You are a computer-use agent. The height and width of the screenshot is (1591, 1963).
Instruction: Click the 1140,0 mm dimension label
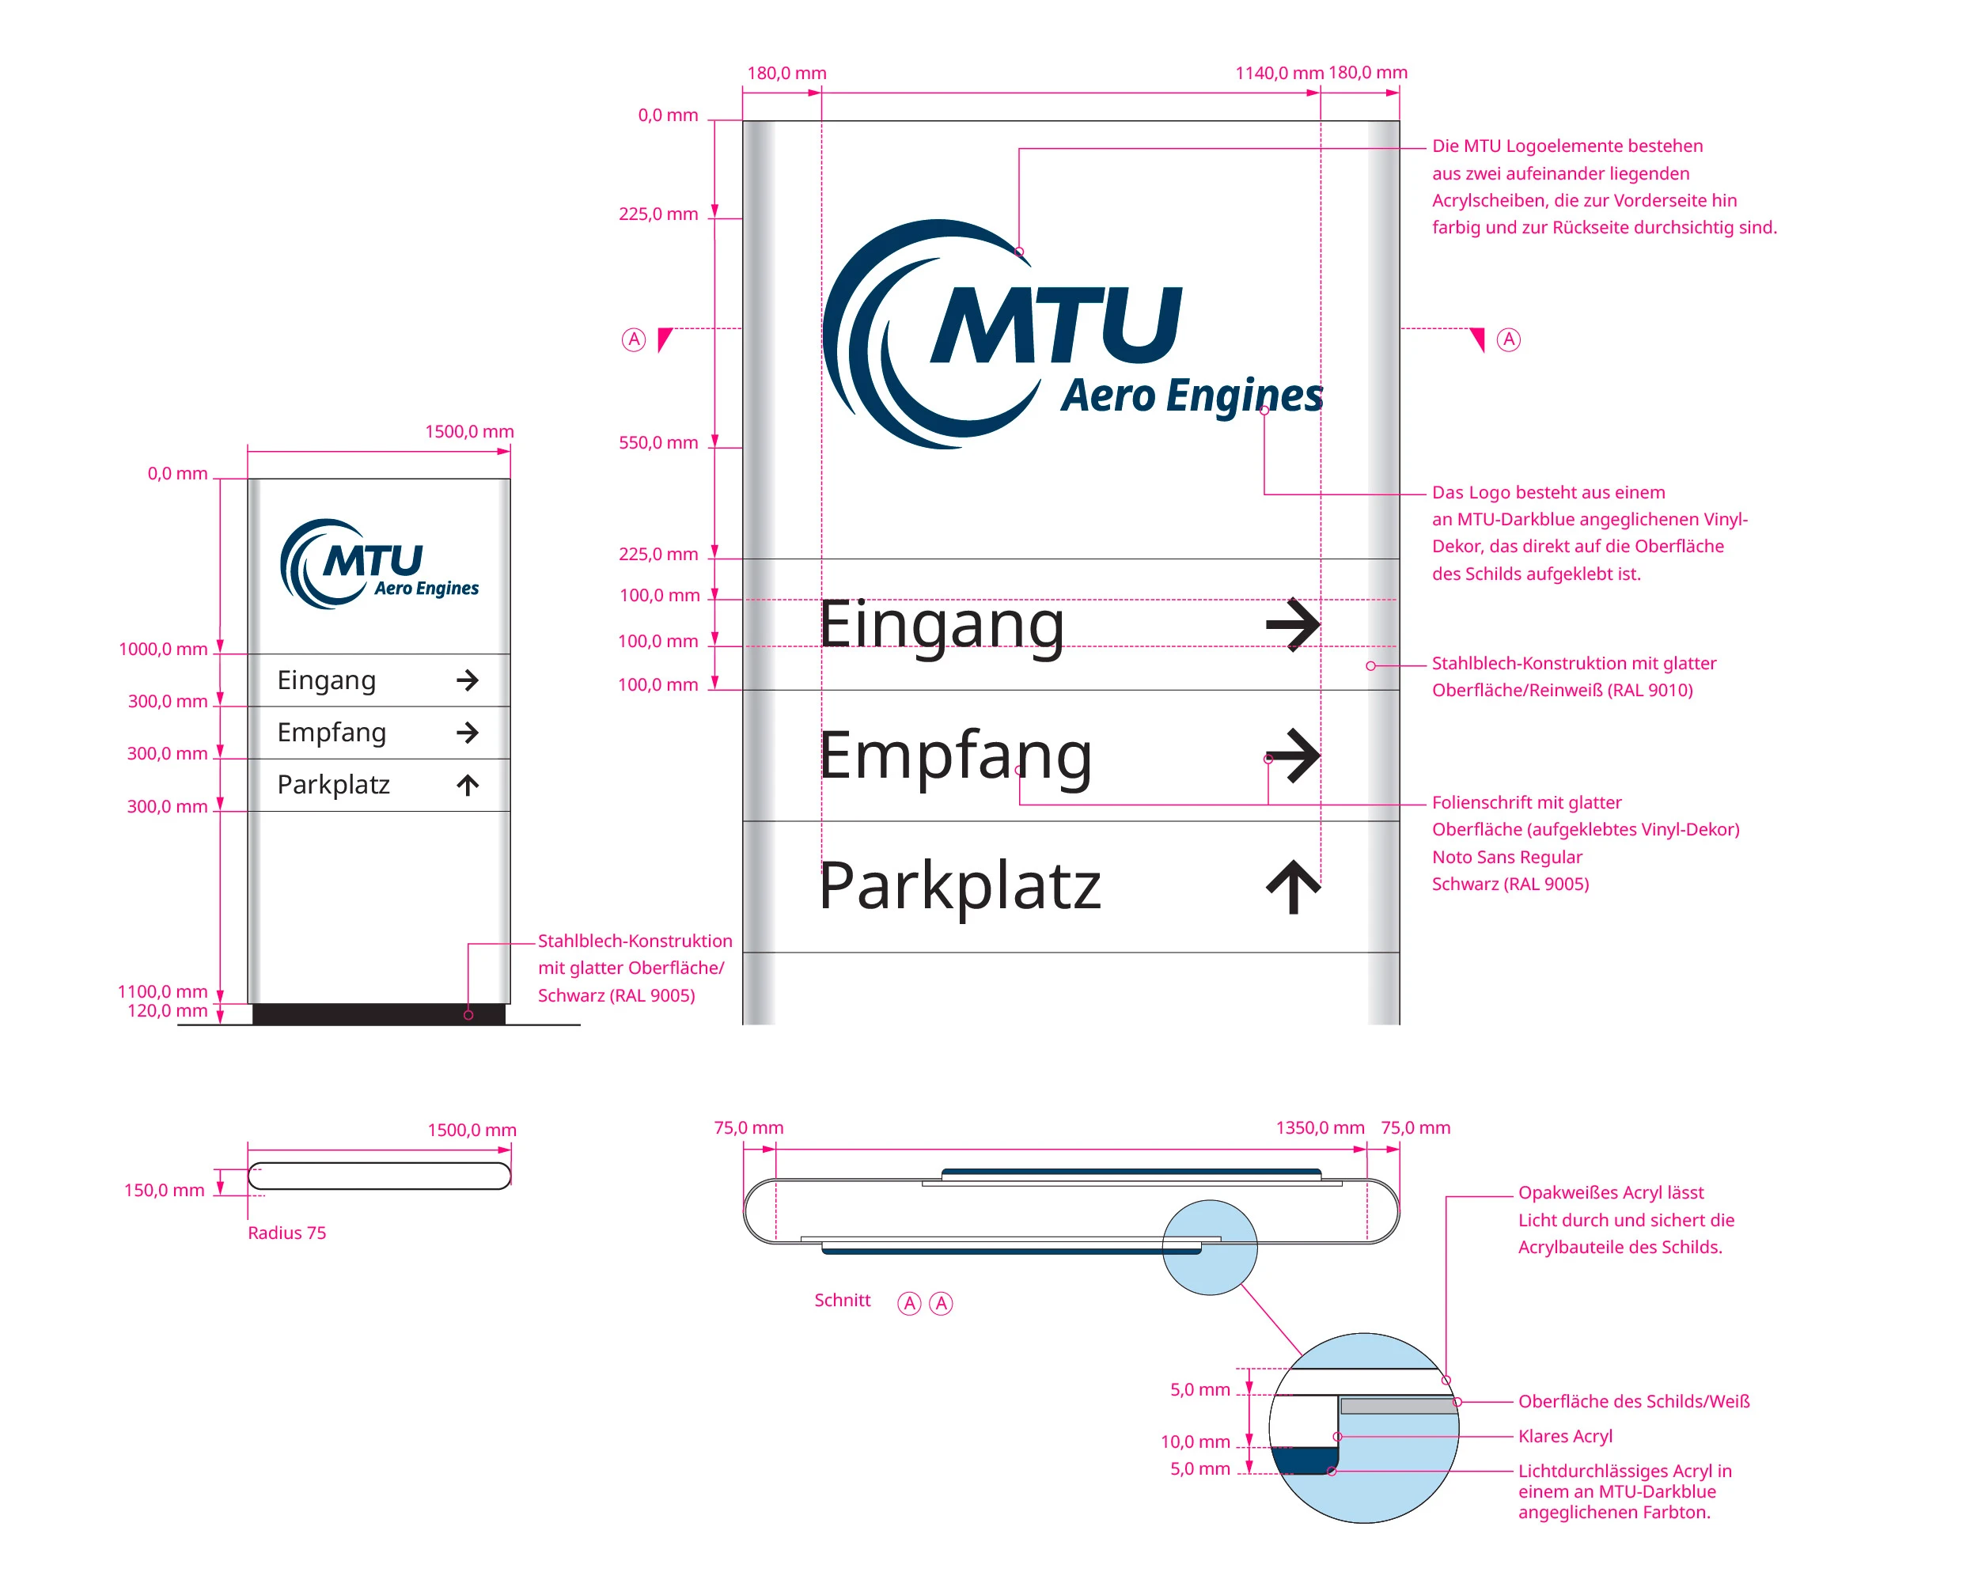pyautogui.click(x=1279, y=74)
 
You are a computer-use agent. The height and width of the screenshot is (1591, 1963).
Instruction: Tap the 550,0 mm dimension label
pyautogui.click(x=658, y=443)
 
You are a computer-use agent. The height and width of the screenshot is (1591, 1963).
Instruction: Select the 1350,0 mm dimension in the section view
pyautogui.click(x=1320, y=1128)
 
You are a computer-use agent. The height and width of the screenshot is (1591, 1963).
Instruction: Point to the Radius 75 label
pyautogui.click(x=287, y=1233)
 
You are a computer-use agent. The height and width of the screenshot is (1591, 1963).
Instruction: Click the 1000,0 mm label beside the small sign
pyautogui.click(x=163, y=650)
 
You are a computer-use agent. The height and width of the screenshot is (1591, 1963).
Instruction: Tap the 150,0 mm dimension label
pyautogui.click(x=164, y=1191)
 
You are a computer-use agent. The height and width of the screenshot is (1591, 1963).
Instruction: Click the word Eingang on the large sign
pyautogui.click(x=942, y=626)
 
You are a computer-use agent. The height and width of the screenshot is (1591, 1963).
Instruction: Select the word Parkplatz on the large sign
pyautogui.click(x=959, y=886)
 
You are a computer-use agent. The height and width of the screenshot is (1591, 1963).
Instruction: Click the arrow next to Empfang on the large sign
pyautogui.click(x=1292, y=756)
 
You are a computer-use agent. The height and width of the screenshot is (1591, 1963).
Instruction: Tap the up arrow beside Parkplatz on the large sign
pyautogui.click(x=1292, y=886)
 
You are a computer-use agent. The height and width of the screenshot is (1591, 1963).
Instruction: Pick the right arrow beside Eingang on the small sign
pyautogui.click(x=468, y=680)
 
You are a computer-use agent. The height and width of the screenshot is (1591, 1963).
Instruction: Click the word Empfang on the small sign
pyautogui.click(x=332, y=733)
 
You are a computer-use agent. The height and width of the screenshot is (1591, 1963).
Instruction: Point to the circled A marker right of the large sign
pyautogui.click(x=1509, y=340)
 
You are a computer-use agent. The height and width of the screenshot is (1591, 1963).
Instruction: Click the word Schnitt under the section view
pyautogui.click(x=842, y=1301)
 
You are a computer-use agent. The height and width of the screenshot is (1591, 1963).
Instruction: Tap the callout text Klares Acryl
pyautogui.click(x=1564, y=1436)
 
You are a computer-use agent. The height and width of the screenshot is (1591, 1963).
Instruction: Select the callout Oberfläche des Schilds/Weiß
pyautogui.click(x=1633, y=1401)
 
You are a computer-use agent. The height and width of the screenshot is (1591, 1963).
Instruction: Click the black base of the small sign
pyautogui.click(x=378, y=1013)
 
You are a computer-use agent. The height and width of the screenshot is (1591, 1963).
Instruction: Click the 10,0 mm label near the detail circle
pyautogui.click(x=1195, y=1441)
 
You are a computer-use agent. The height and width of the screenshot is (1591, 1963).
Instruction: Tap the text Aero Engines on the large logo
pyautogui.click(x=1192, y=396)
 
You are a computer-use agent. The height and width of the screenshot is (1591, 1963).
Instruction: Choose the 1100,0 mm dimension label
pyautogui.click(x=162, y=991)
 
